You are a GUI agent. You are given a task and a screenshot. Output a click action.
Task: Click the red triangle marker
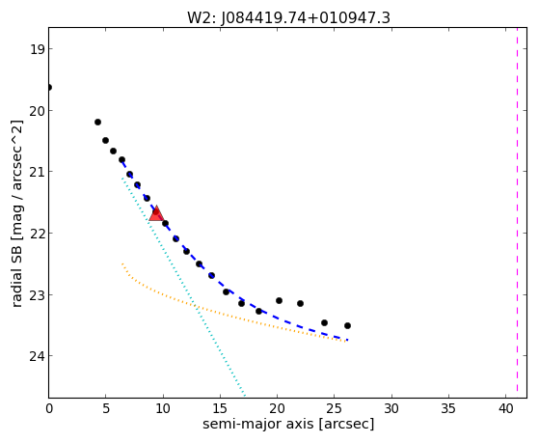point(156,213)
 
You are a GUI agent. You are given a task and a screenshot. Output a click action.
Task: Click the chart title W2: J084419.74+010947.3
point(288,17)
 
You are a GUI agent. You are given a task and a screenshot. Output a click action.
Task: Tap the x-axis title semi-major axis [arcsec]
point(288,424)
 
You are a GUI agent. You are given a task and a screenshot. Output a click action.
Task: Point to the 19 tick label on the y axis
point(37,49)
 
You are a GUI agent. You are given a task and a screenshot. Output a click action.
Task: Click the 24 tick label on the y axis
point(37,356)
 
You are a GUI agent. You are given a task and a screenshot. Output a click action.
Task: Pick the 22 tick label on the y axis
point(37,234)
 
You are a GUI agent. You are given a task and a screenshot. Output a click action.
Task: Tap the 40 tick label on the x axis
point(505,409)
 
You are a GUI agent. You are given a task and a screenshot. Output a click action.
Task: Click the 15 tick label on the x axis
point(220,409)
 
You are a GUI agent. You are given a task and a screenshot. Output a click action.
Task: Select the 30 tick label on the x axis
point(391,409)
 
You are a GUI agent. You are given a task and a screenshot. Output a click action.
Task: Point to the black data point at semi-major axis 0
point(49,88)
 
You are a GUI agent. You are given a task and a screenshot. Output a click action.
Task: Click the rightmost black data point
point(347,325)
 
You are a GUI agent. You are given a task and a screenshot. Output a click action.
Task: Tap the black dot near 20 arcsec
point(279,301)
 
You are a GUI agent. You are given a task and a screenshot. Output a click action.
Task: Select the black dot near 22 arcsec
point(301,304)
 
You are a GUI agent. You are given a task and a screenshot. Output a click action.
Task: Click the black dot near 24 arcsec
point(325,323)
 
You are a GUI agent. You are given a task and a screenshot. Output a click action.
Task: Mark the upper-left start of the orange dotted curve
point(122,263)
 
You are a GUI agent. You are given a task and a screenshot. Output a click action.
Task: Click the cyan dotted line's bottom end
point(244,395)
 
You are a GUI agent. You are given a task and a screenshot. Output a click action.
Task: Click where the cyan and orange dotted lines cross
point(196,306)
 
